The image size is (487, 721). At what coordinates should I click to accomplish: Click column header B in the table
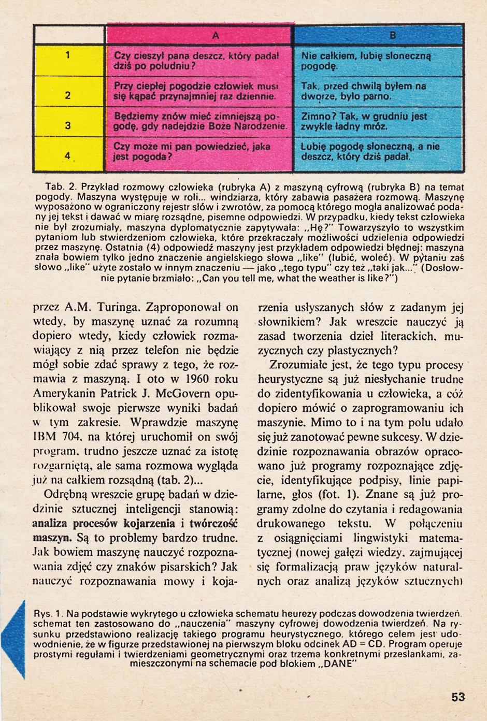point(392,35)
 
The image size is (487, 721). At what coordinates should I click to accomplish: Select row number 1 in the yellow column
point(68,56)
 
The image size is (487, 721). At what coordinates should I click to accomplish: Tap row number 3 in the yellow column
point(68,126)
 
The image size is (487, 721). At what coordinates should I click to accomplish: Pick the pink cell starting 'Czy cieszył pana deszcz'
point(197,61)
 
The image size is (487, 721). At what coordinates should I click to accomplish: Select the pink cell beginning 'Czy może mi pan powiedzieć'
point(192,151)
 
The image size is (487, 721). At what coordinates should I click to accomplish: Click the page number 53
point(458,697)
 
